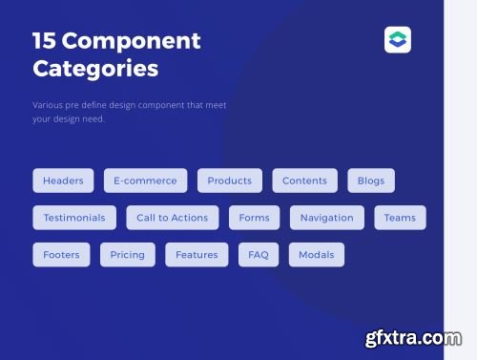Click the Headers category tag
click(63, 180)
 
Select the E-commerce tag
click(145, 180)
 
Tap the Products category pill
click(230, 180)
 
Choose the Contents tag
click(304, 180)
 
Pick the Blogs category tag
click(371, 180)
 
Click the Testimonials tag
click(74, 218)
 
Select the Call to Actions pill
click(172, 218)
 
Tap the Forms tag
click(254, 218)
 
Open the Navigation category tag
click(326, 218)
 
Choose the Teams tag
click(400, 218)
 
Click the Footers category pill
click(62, 255)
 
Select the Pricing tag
click(127, 255)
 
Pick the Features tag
click(197, 255)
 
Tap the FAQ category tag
click(259, 255)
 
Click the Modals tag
click(316, 255)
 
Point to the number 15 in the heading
click(44, 41)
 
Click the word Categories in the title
click(95, 70)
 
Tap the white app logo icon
click(398, 40)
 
